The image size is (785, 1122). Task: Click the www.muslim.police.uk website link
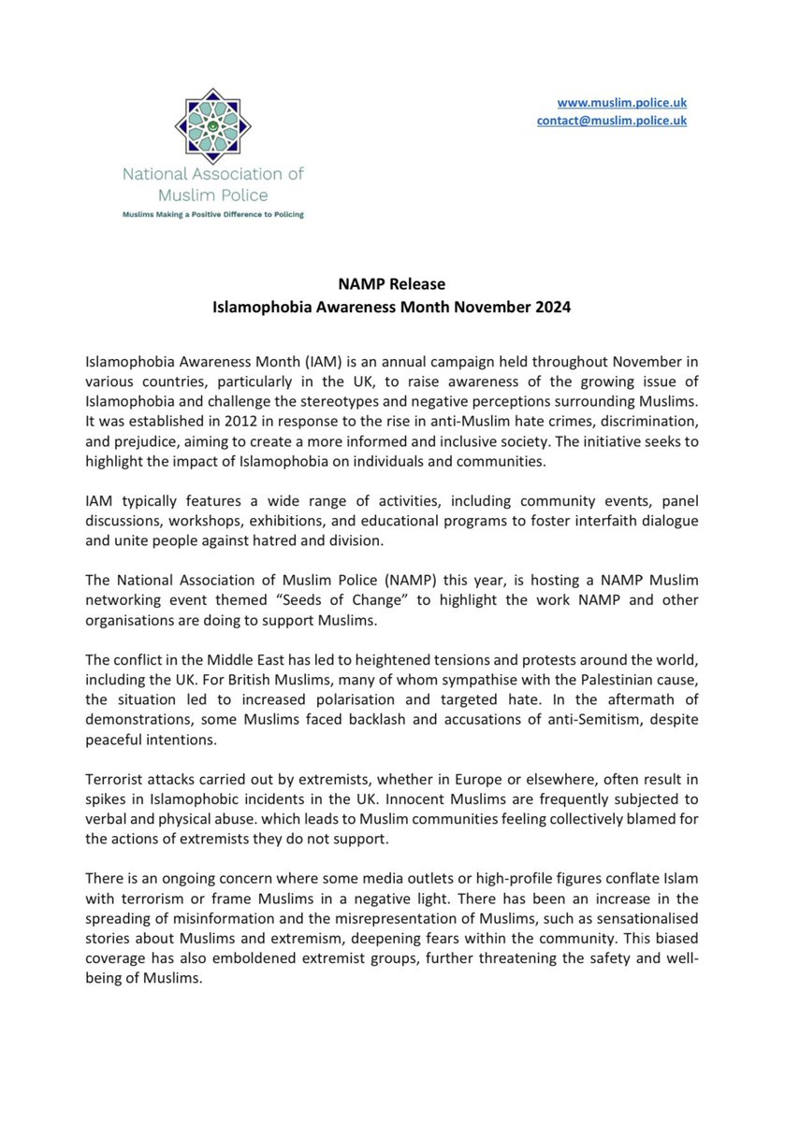[x=622, y=102]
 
